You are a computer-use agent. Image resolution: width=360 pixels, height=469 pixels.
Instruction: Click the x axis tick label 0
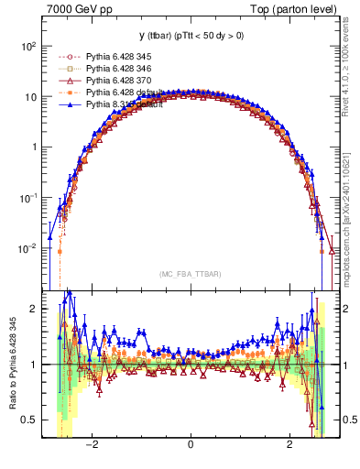click(x=191, y=446)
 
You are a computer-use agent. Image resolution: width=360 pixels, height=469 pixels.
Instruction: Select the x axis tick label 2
click(x=289, y=446)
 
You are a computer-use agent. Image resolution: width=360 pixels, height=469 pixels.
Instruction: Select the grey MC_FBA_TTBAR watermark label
click(x=191, y=274)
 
